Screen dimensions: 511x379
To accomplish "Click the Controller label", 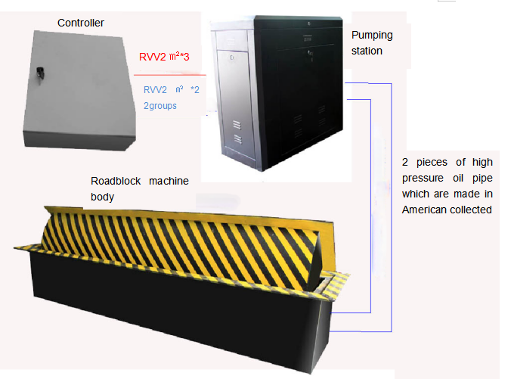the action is pyautogui.click(x=80, y=23).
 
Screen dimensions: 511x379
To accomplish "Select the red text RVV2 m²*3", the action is pyautogui.click(x=164, y=57).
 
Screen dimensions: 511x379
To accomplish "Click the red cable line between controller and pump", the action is pyautogui.click(x=170, y=75).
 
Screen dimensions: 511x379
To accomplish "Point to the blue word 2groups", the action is pyautogui.click(x=160, y=106).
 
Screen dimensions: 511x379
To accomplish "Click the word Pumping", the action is pyautogui.click(x=372, y=36).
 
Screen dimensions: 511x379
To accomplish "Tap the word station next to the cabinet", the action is pyautogui.click(x=367, y=51).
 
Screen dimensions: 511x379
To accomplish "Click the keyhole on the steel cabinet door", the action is pyautogui.click(x=232, y=57).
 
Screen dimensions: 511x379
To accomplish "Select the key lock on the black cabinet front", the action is pyautogui.click(x=310, y=54).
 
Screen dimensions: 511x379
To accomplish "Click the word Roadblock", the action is pyautogui.click(x=116, y=181).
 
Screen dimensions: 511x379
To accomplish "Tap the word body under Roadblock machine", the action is pyautogui.click(x=102, y=197).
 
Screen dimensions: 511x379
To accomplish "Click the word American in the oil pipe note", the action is pyautogui.click(x=421, y=210).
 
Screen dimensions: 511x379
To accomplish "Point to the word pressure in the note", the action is pyautogui.click(x=423, y=179).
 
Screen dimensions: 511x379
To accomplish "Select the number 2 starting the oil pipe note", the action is pyautogui.click(x=404, y=162).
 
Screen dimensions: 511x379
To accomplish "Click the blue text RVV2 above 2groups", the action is pyautogui.click(x=155, y=90).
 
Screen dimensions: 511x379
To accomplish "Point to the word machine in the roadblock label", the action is pyautogui.click(x=169, y=181).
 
